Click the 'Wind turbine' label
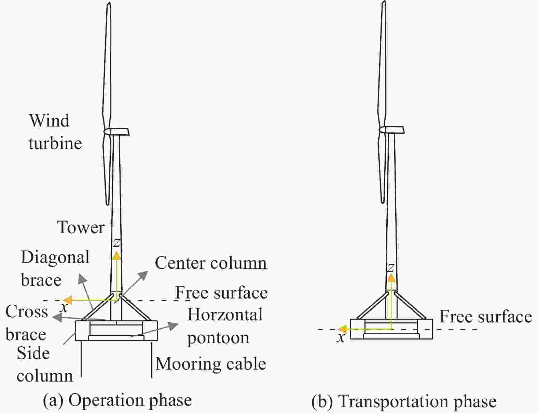tap(55, 132)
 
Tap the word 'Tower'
tap(81, 227)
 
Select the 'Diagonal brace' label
tap(55, 268)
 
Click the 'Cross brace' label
tap(27, 323)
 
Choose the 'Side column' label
tap(45, 364)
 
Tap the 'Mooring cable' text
tap(211, 364)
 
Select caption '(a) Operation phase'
tap(118, 400)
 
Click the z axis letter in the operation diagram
tap(116, 243)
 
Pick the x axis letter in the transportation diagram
tap(341, 337)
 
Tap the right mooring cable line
tap(152, 359)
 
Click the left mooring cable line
tap(81, 359)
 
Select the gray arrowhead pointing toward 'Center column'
tap(143, 276)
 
